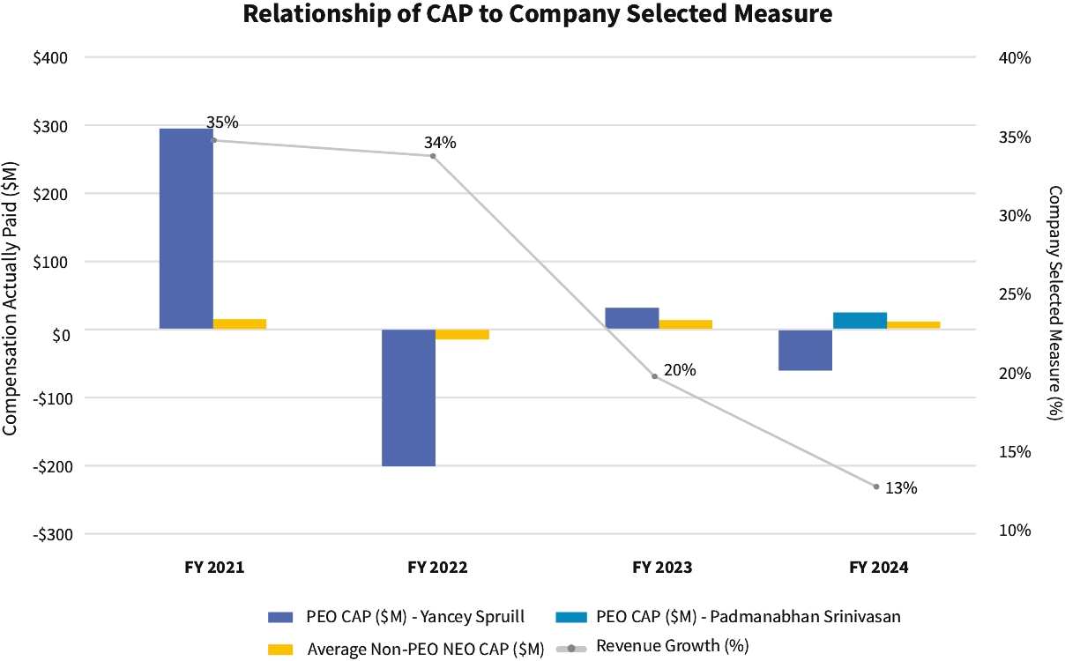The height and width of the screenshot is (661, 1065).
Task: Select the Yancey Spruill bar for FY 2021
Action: [x=186, y=229]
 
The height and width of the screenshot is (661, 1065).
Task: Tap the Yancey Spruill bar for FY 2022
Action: [x=408, y=397]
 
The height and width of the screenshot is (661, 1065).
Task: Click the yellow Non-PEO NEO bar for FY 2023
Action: [x=685, y=324]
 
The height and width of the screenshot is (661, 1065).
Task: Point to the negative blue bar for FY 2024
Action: [x=806, y=350]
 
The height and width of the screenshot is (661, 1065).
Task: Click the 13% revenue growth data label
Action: [x=901, y=487]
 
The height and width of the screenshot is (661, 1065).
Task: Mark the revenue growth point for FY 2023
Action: [x=654, y=376]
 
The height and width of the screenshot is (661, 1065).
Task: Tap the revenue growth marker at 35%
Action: [x=213, y=140]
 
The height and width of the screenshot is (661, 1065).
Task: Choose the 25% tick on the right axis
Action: [x=1015, y=294]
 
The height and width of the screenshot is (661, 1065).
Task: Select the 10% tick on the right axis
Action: [x=1015, y=531]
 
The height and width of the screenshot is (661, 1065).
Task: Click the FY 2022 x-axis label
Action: [x=437, y=568]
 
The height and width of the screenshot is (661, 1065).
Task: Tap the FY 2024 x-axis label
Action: [x=878, y=568]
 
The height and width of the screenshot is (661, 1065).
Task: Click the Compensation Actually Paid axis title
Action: [x=11, y=297]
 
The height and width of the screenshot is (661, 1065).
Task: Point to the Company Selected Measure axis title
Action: [x=1054, y=302]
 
